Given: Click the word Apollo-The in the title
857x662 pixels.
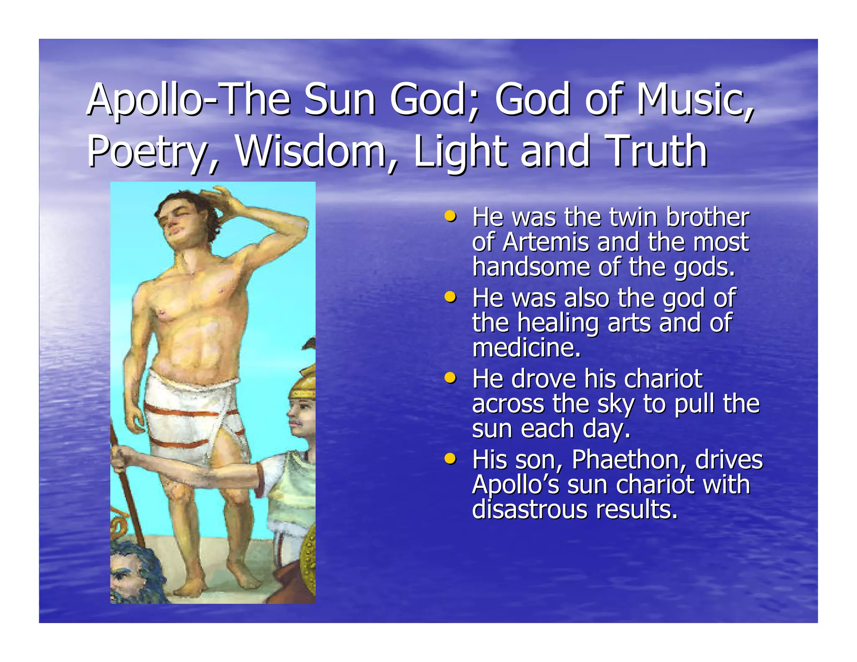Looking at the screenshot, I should (188, 100).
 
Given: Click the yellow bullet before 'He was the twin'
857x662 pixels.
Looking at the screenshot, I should (450, 217).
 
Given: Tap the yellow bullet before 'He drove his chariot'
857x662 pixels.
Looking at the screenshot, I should (450, 378).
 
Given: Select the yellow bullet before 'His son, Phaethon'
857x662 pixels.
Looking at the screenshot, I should (450, 459).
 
